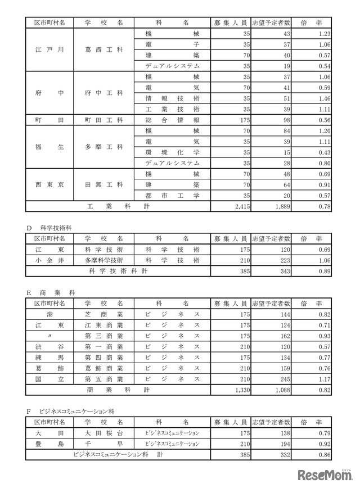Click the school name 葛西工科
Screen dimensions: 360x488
click(104, 49)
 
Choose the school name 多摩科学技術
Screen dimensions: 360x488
click(104, 260)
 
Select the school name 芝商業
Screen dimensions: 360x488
click(104, 314)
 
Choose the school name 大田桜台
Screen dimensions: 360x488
click(104, 433)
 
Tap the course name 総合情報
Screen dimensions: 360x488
click(172, 120)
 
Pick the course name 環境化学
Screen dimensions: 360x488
click(172, 152)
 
